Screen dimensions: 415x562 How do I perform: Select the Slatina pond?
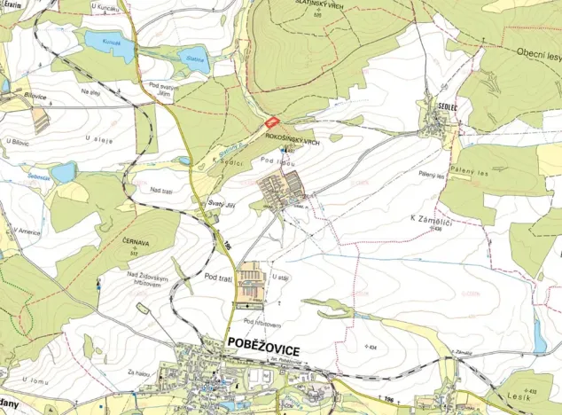click(192, 62)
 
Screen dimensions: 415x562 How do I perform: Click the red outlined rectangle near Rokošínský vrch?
click(272, 123)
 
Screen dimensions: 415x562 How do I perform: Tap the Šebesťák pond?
click(63, 170)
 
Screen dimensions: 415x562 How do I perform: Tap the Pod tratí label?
click(217, 278)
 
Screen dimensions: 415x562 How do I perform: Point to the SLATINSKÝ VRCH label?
click(319, 4)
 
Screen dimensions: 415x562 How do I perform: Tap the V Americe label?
click(27, 231)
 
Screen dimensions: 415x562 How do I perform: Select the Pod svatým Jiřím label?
click(165, 89)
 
